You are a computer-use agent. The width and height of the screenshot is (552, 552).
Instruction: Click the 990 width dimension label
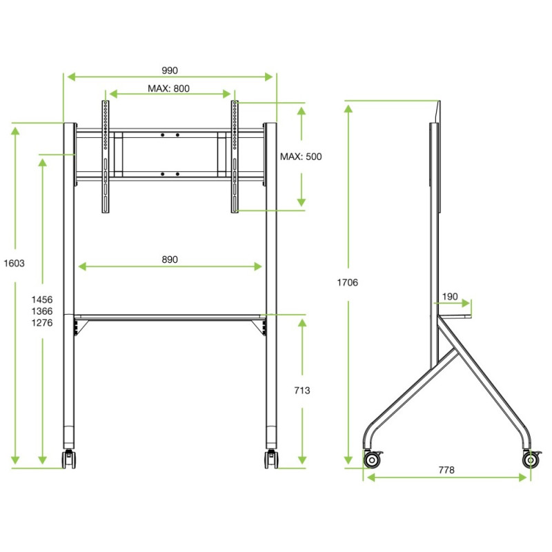(170, 70)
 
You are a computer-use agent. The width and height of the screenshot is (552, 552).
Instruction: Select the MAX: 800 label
(168, 88)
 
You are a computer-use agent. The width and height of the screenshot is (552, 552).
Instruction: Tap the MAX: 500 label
(301, 157)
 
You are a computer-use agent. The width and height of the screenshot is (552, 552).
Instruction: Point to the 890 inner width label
(170, 259)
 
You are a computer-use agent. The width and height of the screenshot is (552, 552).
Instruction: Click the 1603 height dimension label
(14, 264)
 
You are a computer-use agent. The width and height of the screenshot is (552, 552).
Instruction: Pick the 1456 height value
(42, 299)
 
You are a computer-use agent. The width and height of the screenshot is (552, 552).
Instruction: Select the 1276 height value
(42, 323)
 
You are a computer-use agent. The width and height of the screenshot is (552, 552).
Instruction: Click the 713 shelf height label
(302, 391)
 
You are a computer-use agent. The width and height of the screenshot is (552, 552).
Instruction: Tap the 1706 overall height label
(348, 282)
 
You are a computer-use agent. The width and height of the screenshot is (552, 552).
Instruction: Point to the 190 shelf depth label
(450, 297)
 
